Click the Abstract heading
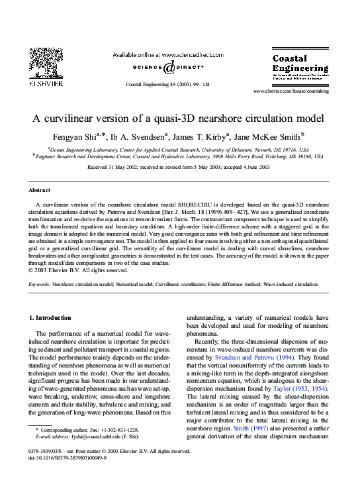40,189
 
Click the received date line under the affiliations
179,168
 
